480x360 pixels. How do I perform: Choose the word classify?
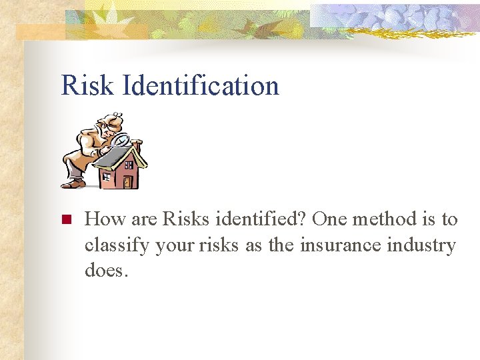(x=117, y=245)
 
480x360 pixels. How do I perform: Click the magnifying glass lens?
(x=122, y=140)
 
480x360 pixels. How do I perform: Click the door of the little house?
(x=127, y=181)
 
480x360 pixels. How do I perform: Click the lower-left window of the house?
(x=106, y=177)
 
